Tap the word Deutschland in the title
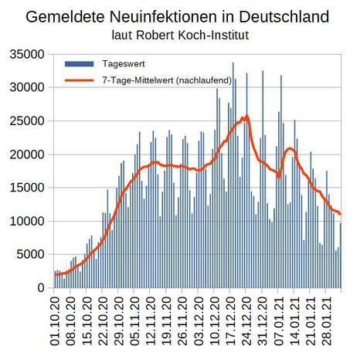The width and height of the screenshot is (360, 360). tap(284, 17)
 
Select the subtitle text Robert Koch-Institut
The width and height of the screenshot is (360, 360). tap(192, 36)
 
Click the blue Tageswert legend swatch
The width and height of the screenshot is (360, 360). tap(80, 64)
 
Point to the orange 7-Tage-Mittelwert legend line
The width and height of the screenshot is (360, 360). tap(80, 80)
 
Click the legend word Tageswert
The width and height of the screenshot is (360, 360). tap(124, 64)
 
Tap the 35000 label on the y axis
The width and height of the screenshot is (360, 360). tap(27, 55)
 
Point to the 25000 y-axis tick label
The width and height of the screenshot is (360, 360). tap(27, 121)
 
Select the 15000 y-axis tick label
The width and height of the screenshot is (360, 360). tap(27, 188)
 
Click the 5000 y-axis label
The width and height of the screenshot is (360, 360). tap(30, 254)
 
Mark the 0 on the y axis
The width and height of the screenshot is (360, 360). tap(41, 287)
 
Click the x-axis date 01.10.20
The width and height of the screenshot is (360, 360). tap(55, 321)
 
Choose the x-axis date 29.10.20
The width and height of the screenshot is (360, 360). tap(119, 321)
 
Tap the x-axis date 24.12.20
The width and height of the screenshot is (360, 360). tap(246, 321)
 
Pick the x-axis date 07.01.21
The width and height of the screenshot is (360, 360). tap(279, 321)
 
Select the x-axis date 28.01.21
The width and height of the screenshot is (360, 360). tap(327, 321)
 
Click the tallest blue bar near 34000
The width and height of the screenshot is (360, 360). tap(233, 175)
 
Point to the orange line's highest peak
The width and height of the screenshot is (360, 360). tap(247, 116)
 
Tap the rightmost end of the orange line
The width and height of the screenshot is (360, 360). tap(341, 214)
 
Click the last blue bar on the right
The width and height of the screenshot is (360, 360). tap(341, 256)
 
